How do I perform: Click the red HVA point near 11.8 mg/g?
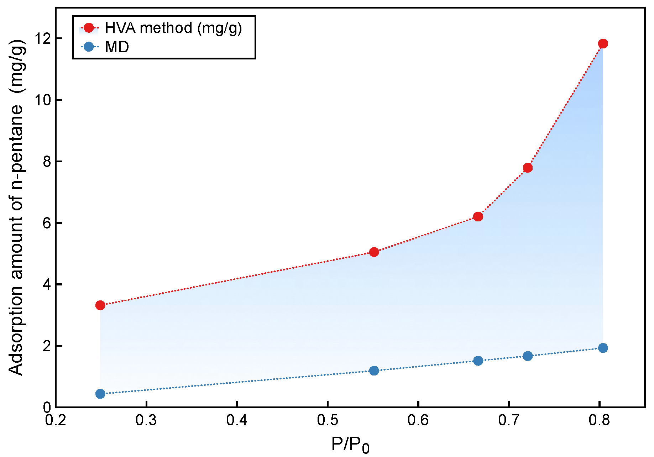click(x=603, y=44)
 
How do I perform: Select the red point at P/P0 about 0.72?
click(x=528, y=168)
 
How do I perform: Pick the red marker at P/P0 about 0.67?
click(x=478, y=216)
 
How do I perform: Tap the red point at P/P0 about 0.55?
click(x=374, y=252)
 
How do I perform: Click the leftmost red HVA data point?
click(x=100, y=305)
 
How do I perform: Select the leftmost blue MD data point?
click(x=100, y=394)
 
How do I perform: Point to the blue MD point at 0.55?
click(x=374, y=371)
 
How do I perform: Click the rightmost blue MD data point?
click(x=603, y=348)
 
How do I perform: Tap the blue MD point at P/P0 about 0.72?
click(x=528, y=356)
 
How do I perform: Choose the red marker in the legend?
click(x=89, y=28)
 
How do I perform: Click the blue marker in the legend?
click(x=89, y=47)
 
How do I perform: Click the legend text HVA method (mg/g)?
click(x=173, y=28)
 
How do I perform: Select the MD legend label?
click(x=117, y=47)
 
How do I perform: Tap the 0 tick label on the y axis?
click(x=47, y=407)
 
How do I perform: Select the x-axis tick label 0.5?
click(x=327, y=420)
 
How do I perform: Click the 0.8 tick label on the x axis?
click(x=599, y=420)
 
